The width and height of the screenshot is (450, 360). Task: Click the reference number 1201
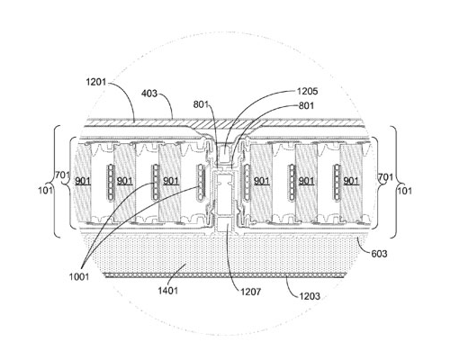point(96,82)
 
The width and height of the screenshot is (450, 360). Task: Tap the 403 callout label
point(149,94)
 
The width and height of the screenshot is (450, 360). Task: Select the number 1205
point(307,91)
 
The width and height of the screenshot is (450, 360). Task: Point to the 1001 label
point(79,276)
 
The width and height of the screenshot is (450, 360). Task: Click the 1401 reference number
point(168,291)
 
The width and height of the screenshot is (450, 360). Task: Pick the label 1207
point(251,292)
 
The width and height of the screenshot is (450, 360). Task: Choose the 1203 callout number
point(310,296)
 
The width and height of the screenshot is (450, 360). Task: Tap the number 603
point(379,254)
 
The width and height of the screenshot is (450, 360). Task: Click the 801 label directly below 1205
point(306,105)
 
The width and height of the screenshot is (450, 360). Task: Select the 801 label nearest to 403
point(201,104)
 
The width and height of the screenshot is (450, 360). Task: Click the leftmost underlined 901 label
point(83,181)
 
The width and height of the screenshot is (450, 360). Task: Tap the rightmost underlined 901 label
point(351,181)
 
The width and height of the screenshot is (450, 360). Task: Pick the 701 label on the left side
point(62,175)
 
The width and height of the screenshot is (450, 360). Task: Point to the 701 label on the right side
point(385,177)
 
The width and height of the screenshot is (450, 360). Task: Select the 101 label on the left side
point(46,190)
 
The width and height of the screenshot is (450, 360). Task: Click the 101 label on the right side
point(405,191)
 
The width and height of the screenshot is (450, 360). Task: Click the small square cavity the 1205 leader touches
point(225,154)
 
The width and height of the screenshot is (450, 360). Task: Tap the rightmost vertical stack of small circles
point(337,182)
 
